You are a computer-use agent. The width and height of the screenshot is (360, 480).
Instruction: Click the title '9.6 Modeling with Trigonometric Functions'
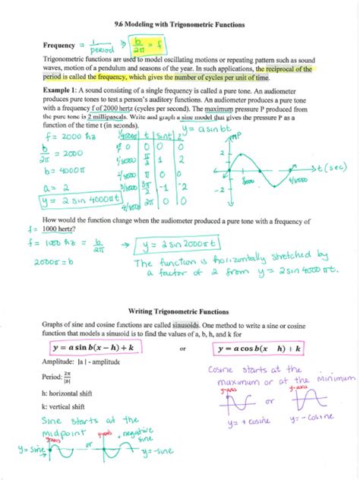179,24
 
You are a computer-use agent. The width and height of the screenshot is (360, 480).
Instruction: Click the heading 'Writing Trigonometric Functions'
180,311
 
